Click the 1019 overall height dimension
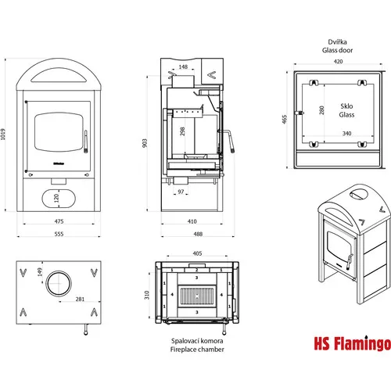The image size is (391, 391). point(3,135)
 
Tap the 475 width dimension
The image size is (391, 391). point(59,221)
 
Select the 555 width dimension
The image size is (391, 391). point(59,234)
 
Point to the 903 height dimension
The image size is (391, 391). point(145,143)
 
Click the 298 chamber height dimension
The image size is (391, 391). point(182,131)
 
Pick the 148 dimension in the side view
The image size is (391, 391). point(183,66)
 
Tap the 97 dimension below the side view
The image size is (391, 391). point(181,192)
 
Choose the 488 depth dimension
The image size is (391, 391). point(198,234)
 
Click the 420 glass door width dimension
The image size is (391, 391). point(338,61)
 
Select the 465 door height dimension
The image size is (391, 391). point(285,119)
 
